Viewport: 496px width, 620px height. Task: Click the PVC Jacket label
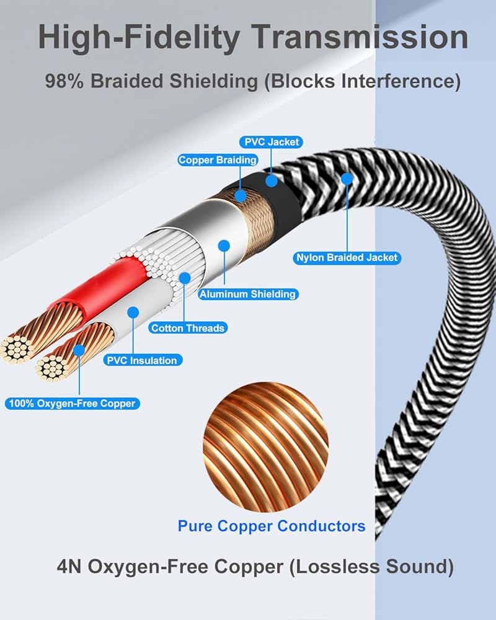coord(272,142)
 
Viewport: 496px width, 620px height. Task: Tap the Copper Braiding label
coord(209,160)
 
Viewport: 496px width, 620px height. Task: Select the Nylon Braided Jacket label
coord(347,257)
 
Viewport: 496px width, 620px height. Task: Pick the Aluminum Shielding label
coord(247,294)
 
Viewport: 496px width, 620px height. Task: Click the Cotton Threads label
coord(187,327)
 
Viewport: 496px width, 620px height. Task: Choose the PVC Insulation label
coord(142,360)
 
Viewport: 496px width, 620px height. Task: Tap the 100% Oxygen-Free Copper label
coord(71,404)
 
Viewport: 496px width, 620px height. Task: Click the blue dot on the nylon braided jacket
coord(347,179)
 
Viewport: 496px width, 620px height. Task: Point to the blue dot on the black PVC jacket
coord(271,180)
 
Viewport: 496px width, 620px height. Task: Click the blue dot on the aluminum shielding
coord(224,246)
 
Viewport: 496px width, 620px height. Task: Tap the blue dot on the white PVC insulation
coord(131,312)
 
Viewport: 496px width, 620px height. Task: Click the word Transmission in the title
coord(362,37)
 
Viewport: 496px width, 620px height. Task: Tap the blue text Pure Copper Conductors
coord(272,526)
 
